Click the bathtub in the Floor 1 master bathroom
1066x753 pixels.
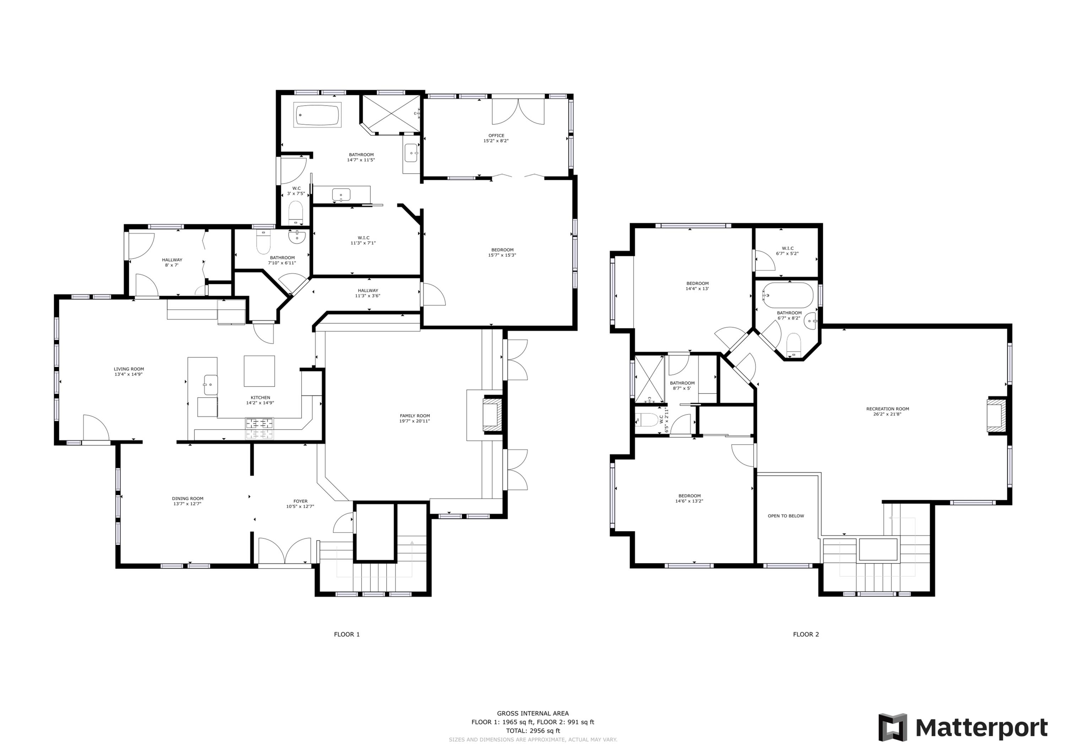318,115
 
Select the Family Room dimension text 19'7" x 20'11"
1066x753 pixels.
415,421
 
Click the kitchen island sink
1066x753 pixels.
211,384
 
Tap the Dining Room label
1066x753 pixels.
188,499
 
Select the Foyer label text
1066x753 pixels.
300,501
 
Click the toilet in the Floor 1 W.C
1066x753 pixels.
295,213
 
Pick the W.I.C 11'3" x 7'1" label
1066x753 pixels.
363,240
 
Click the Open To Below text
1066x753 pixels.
786,516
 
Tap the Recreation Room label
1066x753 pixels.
887,409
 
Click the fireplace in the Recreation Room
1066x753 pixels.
996,415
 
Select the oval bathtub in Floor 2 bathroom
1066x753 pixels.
788,295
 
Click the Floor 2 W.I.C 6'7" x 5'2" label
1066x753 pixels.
787,251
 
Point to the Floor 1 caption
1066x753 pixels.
347,634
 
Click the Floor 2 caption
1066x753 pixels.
806,634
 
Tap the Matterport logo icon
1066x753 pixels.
892,727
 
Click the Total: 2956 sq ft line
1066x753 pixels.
533,730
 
